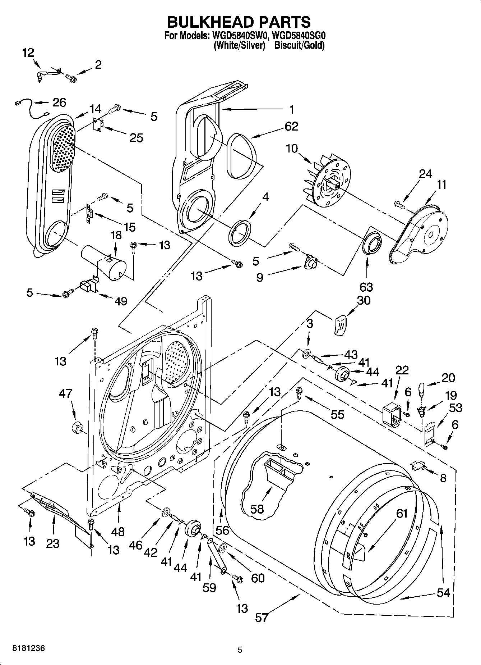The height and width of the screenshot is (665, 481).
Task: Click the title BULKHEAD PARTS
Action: click(239, 22)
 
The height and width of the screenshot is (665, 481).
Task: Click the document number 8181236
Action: click(29, 648)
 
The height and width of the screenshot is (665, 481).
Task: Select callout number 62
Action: click(291, 127)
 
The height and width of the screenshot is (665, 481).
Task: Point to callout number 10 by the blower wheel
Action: click(292, 149)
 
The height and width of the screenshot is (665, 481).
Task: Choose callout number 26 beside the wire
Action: click(59, 102)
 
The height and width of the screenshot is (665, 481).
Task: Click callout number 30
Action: click(364, 300)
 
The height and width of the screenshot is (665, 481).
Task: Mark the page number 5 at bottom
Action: click(240, 650)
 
